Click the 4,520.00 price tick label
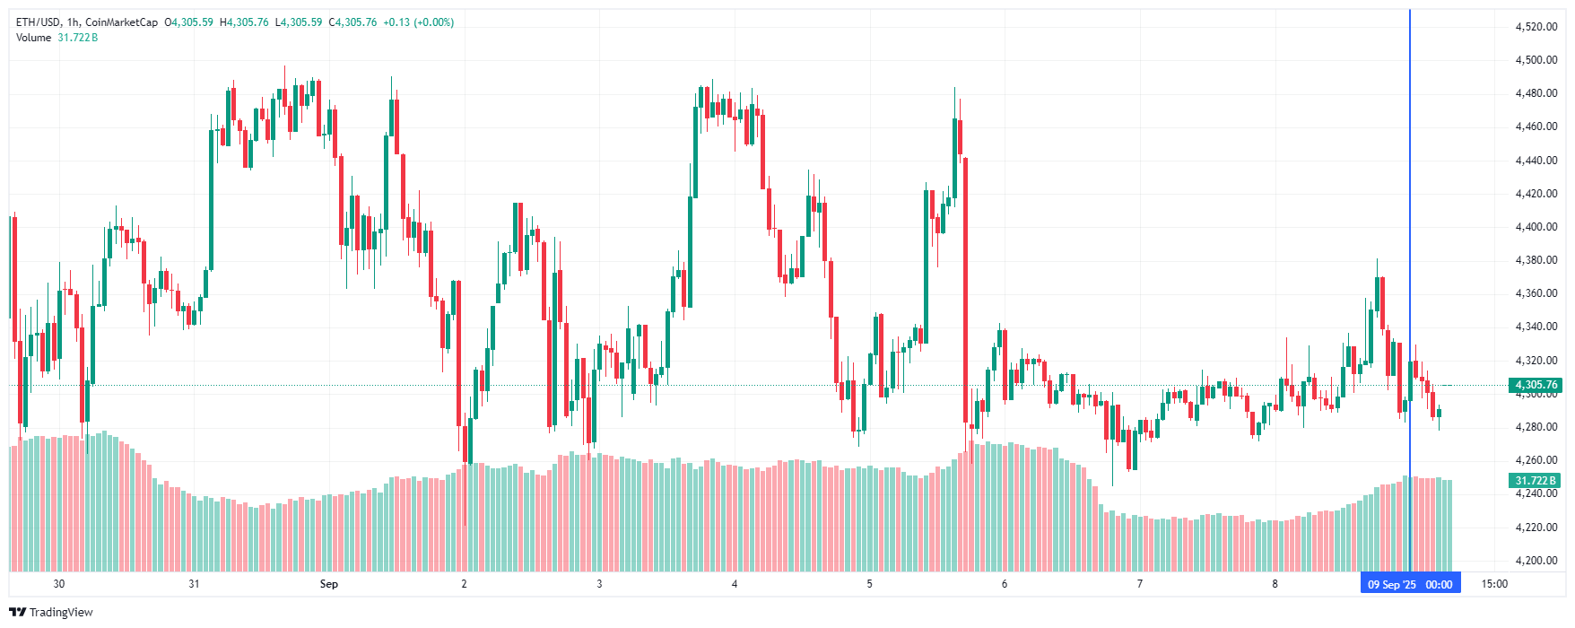point(1536,27)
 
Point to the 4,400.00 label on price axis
point(1536,227)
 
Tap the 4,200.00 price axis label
point(1536,561)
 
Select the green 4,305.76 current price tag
point(1536,385)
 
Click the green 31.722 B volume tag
point(1536,481)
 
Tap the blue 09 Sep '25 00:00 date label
point(1410,584)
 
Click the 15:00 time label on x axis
point(1494,584)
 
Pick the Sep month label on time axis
point(329,584)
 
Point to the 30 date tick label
point(59,584)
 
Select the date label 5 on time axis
point(869,584)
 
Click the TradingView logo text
point(61,613)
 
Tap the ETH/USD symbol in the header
point(39,22)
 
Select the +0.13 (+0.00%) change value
point(418,22)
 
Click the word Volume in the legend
point(34,38)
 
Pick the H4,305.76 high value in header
point(244,22)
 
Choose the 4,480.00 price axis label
point(1536,93)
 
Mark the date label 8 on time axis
point(1275,584)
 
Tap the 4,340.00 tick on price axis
point(1536,327)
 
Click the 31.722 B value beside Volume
point(78,38)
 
